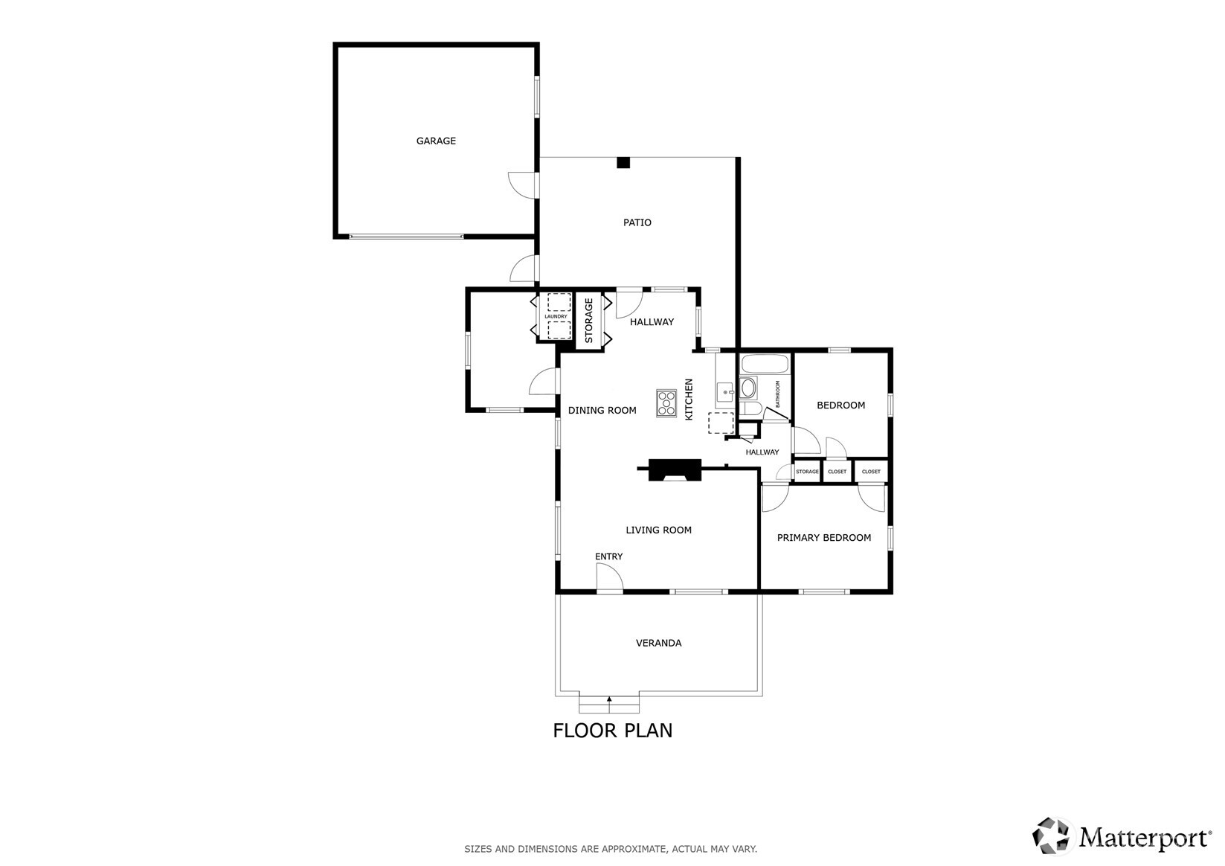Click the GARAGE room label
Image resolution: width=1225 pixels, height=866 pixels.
coord(436,141)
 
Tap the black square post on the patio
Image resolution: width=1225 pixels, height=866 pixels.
coord(623,163)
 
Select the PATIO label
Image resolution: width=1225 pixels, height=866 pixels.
coord(637,222)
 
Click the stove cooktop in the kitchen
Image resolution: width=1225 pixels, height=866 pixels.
coord(666,402)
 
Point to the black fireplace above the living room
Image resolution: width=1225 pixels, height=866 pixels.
coord(675,470)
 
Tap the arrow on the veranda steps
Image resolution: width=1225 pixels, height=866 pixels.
coord(609,699)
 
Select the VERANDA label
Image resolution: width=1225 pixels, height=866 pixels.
coord(658,643)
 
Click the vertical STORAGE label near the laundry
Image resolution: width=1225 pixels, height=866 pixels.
coord(588,321)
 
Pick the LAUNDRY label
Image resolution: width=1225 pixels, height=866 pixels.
coord(556,317)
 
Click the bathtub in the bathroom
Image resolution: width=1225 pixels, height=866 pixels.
coord(765,365)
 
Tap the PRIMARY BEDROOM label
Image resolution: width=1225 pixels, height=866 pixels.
coord(823,538)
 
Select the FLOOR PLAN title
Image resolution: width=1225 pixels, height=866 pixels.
coord(612,731)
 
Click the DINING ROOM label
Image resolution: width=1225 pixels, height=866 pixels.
coord(602,410)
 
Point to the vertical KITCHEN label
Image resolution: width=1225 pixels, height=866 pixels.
coord(689,400)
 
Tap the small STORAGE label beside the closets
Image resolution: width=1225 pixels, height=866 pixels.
coord(807,472)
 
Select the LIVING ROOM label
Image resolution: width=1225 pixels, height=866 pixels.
coord(658,530)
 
